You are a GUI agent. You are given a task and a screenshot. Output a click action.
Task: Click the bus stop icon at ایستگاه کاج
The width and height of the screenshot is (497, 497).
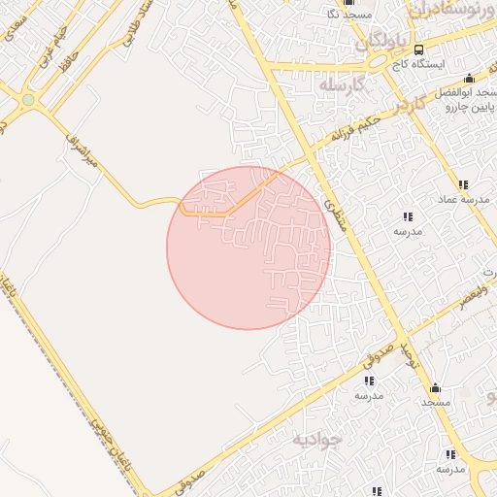pos(418,50)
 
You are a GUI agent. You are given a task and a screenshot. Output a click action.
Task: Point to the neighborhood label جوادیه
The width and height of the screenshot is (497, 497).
pos(316,439)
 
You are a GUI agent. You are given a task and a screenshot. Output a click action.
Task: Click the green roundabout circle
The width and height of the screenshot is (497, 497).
pos(28,100)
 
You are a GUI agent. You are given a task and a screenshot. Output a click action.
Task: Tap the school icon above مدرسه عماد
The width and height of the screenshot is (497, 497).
pos(464,184)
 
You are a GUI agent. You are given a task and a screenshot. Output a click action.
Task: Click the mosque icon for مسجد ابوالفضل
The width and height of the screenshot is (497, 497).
pos(469,79)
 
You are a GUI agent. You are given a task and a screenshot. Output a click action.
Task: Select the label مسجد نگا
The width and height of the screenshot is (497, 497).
pos(347,15)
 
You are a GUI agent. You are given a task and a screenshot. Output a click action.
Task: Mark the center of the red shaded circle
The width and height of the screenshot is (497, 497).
pos(248,248)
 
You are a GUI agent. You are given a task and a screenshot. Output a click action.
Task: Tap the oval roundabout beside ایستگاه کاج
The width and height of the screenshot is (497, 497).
pos(398,63)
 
